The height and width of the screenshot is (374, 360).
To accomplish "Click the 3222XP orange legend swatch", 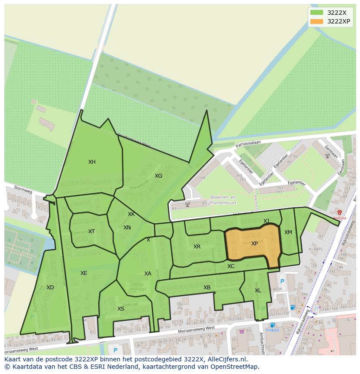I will pos(317,21).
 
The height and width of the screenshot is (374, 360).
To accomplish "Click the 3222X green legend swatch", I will pos(317,13).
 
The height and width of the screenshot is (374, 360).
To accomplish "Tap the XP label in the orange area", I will pos(254,244).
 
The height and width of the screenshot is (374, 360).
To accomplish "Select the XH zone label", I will pos(92,162).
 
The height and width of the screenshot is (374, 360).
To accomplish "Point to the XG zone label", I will pos(158,176).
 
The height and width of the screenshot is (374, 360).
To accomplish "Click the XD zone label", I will pos(50,288).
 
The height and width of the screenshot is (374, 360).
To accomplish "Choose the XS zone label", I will pos(121,309).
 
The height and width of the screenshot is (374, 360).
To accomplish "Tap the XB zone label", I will pos(207,288).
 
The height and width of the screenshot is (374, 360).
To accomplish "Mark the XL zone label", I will pos(258,291).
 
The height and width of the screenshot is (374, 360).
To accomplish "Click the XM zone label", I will pos(288,232).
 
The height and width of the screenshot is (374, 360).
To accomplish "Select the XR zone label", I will pos(197,247).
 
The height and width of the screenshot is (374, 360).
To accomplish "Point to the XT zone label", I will pos(91,232).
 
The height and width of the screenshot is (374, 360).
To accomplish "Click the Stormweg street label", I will pos(23,190).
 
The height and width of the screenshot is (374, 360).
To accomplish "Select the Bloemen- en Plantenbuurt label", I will pos(223,199).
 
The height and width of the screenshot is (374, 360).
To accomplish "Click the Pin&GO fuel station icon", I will pos(272,324).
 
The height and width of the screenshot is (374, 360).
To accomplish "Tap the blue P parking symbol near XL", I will pos(282,281).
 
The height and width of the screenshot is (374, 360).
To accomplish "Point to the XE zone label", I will pos(83,273).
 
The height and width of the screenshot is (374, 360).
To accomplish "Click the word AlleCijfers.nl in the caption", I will pos(225,359).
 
